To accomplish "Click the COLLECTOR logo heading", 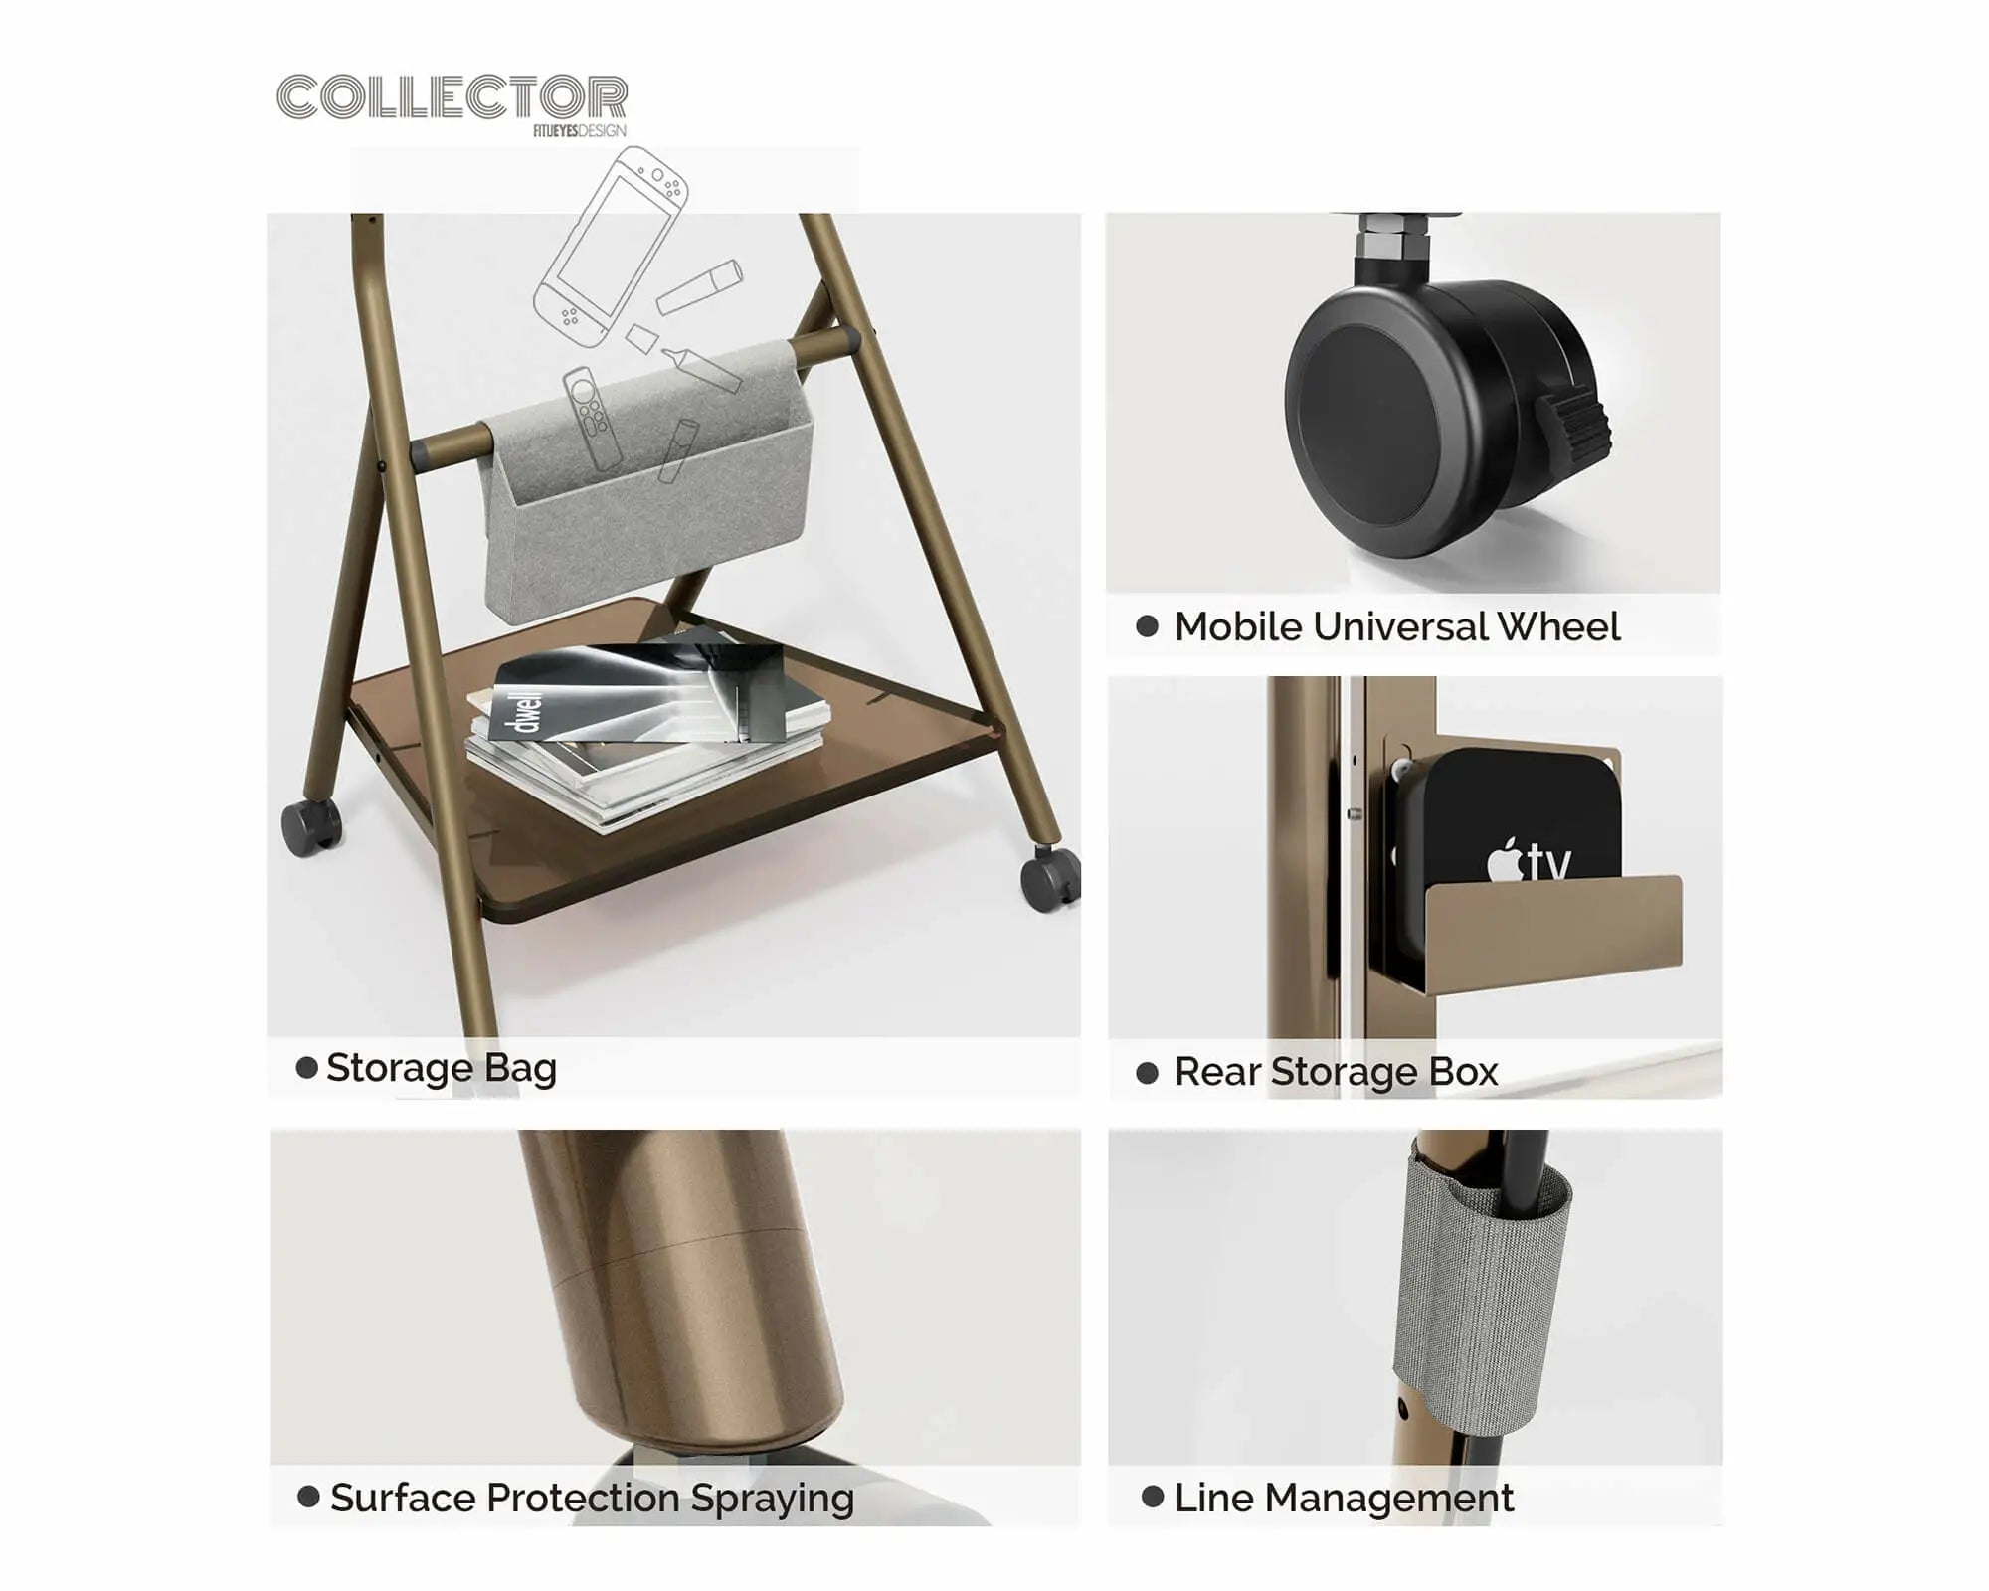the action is [x=452, y=97].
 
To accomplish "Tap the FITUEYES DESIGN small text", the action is [x=580, y=131].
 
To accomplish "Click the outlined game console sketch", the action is [x=611, y=247].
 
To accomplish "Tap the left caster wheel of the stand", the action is [x=311, y=826].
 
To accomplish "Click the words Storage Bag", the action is [x=442, y=1068].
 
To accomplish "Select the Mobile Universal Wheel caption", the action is [x=1397, y=626].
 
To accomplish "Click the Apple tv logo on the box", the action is [x=1529, y=861].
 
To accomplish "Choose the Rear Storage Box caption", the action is [x=1336, y=1072].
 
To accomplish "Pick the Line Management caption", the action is [x=1344, y=1498].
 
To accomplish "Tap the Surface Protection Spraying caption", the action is [x=592, y=1498].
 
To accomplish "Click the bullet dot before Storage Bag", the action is [x=307, y=1068].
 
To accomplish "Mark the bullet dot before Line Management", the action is [x=1153, y=1497].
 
